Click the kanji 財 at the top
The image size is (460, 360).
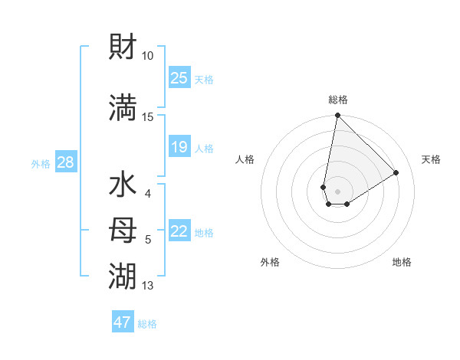coord(123,47)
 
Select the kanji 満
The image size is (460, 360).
coord(123,107)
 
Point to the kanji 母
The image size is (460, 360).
coord(123,228)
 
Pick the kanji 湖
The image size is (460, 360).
coord(123,273)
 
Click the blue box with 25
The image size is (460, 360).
coord(179,78)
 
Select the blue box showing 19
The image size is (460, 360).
coord(179,147)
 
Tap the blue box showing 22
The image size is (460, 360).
coord(179,231)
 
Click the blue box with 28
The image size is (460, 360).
coord(65,162)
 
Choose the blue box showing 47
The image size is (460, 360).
coord(123,322)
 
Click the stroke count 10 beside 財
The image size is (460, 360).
coord(148,56)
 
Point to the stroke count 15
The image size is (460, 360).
coord(148,116)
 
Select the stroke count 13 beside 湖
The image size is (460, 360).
coord(148,286)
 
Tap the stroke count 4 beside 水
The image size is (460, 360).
coord(148,193)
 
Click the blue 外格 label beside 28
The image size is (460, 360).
coord(41,163)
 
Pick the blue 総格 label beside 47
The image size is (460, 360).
coord(147,324)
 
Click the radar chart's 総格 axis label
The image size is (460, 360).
coord(337,100)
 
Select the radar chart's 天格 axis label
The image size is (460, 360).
coord(431,159)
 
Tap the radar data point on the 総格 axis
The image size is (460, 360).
coord(337,116)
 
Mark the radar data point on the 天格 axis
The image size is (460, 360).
coord(396,172)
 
